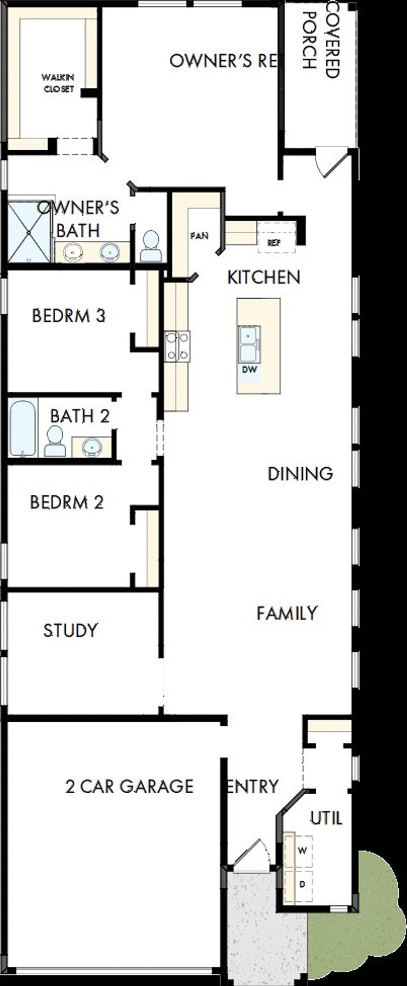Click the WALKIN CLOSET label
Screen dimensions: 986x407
tap(58, 83)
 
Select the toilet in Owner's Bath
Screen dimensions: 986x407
tap(150, 246)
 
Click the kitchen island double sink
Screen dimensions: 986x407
tap(249, 344)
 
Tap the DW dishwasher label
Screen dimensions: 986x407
tap(249, 369)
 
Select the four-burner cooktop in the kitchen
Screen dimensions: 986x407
tap(177, 346)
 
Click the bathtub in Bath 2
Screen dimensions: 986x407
tap(23, 428)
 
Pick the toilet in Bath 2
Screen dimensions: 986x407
tap(55, 441)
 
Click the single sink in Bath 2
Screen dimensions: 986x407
tap(92, 447)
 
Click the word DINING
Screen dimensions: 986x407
tap(300, 474)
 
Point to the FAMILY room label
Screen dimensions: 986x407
tap(287, 613)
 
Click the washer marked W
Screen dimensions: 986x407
tap(302, 851)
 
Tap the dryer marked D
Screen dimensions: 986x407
tap(302, 884)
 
